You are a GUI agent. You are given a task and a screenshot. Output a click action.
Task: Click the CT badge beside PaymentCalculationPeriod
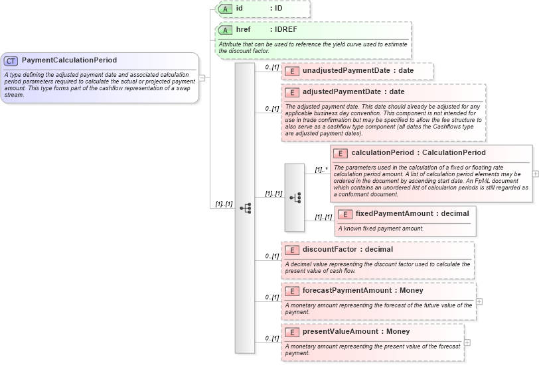click(11, 60)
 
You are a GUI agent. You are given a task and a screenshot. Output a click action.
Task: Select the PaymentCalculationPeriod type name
click(69, 60)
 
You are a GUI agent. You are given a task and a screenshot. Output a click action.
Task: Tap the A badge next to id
click(225, 9)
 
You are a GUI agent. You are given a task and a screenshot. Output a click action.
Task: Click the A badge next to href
click(225, 30)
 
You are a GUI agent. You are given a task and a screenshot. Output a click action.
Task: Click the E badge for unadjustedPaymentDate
click(291, 71)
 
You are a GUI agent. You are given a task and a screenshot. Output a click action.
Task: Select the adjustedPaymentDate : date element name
click(353, 92)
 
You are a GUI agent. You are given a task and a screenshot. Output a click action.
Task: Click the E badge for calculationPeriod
click(339, 153)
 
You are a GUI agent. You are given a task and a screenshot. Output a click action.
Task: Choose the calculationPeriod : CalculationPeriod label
click(418, 153)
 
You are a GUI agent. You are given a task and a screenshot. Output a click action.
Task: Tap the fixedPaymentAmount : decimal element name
click(412, 214)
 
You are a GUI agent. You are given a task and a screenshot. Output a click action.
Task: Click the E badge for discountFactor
click(291, 250)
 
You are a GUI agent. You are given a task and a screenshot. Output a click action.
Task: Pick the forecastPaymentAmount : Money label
click(362, 291)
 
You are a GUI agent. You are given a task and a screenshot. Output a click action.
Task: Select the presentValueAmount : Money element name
click(356, 332)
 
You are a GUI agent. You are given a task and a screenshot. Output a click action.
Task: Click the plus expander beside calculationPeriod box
click(536, 174)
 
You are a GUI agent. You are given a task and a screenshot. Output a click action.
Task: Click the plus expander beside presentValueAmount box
click(467, 342)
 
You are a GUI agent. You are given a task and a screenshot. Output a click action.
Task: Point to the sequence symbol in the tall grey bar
click(245, 208)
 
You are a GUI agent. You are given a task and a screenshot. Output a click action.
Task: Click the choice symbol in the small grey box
click(295, 197)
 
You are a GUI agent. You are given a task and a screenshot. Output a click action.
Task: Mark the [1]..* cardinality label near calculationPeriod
click(321, 170)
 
